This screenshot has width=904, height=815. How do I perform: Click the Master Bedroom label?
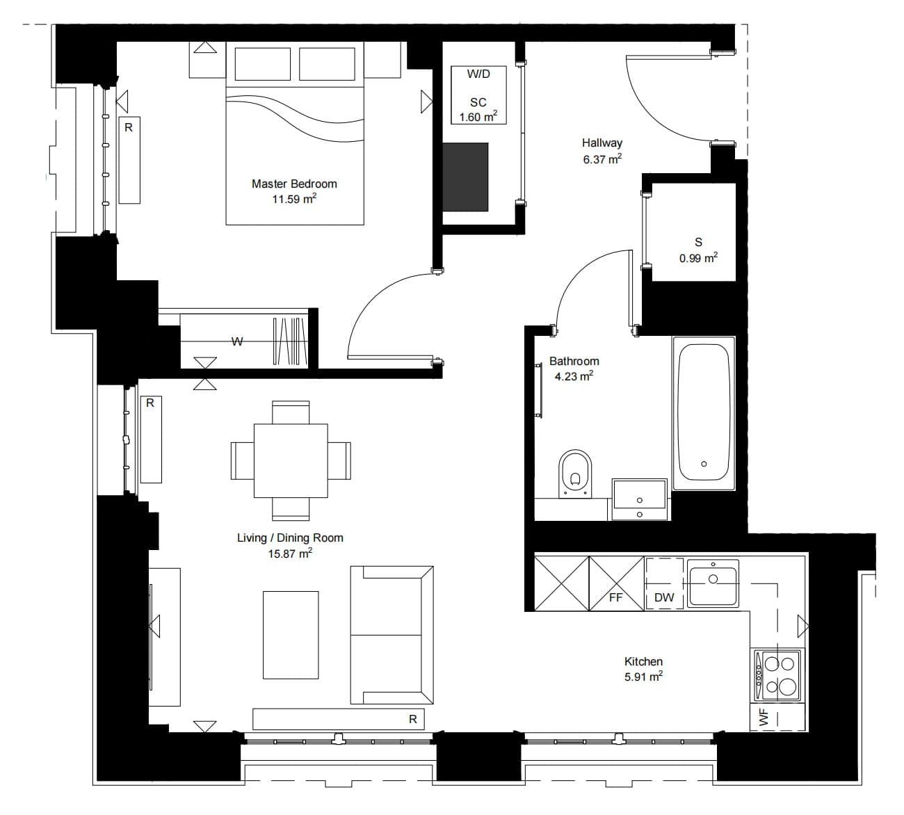coord(294,184)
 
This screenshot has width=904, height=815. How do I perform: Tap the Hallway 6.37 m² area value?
coord(602,159)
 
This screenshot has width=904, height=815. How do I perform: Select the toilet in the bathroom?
coord(575,474)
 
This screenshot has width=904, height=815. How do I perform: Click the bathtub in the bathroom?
coord(704,413)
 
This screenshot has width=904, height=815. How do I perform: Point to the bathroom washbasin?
coord(639,499)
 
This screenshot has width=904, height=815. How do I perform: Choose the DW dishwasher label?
coord(664,598)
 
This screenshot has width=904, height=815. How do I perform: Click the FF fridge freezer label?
coord(615,598)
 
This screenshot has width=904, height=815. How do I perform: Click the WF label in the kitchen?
coord(764,717)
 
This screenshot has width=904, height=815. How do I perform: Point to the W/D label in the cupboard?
coord(478,74)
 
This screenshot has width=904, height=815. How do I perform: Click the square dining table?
coord(291,460)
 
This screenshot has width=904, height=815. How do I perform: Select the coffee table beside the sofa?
coord(291,635)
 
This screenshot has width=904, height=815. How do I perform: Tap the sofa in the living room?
coord(392,635)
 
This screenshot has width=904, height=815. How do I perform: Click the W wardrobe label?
coord(237,341)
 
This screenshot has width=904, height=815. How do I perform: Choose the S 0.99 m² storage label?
coord(698,250)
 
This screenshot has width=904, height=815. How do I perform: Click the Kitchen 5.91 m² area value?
coord(643,677)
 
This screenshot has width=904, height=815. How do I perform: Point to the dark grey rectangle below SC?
coord(465,177)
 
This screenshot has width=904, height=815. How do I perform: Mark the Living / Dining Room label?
coord(290,538)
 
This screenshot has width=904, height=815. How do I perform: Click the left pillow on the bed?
coord(263,64)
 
